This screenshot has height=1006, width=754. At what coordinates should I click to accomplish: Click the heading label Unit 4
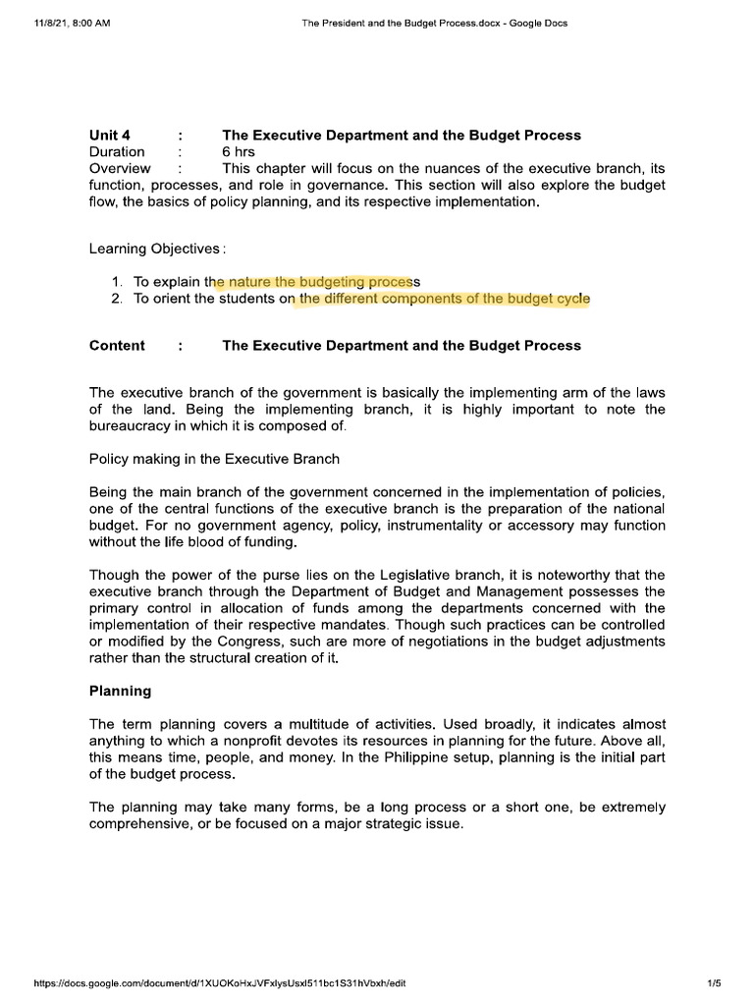[x=110, y=135]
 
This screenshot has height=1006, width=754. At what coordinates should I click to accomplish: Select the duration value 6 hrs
[x=240, y=151]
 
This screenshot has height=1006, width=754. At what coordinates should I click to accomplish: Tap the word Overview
[x=120, y=168]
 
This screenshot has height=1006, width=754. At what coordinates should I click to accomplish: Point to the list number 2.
[x=117, y=299]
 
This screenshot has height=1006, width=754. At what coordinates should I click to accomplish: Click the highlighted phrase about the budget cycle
[x=445, y=299]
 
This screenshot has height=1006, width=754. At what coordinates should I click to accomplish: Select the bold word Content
[x=117, y=345]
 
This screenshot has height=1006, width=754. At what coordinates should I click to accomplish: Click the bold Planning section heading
[x=120, y=691]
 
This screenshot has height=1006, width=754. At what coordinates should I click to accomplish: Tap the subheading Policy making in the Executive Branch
[x=216, y=458]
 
